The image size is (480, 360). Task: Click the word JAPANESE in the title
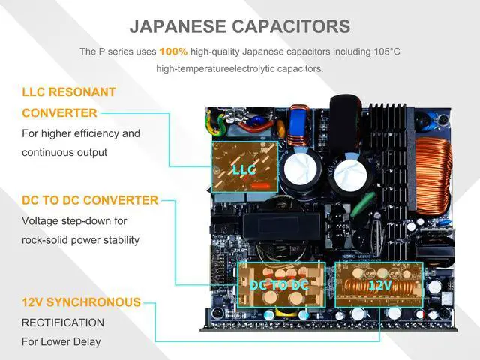point(177,26)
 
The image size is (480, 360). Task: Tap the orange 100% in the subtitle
point(173,52)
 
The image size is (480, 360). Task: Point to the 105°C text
point(383,52)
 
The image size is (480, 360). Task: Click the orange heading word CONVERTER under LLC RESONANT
point(59,113)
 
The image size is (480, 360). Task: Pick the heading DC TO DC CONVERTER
point(90,200)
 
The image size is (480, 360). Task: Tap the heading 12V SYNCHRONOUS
point(81,302)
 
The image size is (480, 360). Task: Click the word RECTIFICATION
point(63,322)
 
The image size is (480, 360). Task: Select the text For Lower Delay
point(61,342)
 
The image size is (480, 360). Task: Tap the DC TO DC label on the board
point(279,285)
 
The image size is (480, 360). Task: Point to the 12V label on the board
point(379,285)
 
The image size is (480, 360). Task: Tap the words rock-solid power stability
point(80,240)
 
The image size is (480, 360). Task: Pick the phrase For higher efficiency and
point(81,133)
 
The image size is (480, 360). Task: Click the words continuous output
point(64,152)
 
